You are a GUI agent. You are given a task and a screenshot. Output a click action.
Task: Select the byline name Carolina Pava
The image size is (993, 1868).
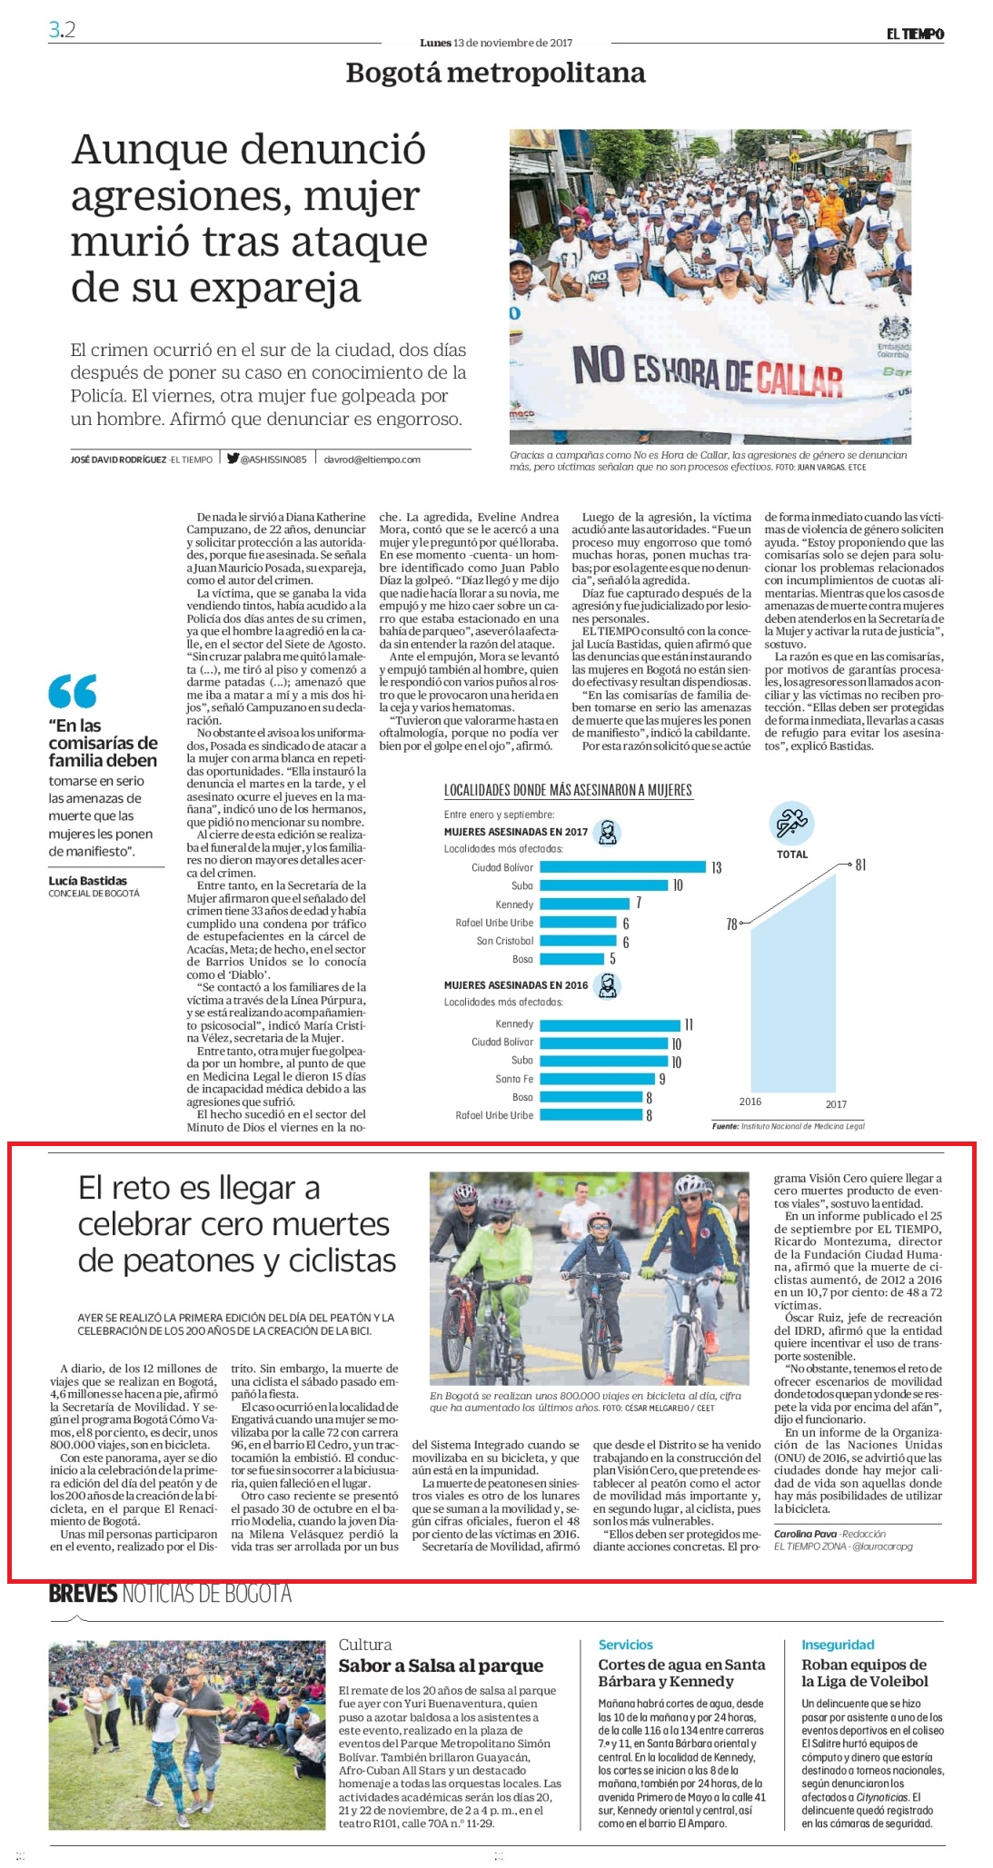[805, 1534]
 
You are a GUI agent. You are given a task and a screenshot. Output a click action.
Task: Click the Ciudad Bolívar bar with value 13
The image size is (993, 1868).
[622, 866]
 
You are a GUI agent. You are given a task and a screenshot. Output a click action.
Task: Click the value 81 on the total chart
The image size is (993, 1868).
[860, 865]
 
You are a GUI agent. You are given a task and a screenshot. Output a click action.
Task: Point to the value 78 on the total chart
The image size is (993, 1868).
[731, 924]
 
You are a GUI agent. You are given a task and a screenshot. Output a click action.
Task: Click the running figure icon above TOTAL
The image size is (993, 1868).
[790, 823]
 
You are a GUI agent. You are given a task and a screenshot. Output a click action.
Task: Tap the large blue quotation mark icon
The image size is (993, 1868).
[73, 691]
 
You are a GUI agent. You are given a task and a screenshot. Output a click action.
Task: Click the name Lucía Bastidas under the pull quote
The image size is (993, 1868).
[88, 880]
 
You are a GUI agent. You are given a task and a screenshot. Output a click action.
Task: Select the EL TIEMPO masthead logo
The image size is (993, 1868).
[916, 35]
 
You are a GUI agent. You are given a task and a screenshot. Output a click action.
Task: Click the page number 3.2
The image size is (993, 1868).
[62, 29]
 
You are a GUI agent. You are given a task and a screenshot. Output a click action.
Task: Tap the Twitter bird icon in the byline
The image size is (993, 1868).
[233, 459]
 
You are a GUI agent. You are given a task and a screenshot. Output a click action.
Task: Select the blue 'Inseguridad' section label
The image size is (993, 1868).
[838, 1645]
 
